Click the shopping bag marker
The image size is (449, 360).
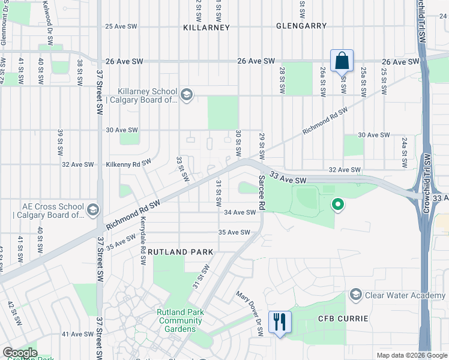[342, 61]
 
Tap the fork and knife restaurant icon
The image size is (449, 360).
[279, 322]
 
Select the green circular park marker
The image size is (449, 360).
[338, 206]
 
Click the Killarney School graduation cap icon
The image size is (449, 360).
[187, 94]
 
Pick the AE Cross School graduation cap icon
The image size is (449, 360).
[92, 210]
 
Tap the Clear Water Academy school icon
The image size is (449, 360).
[356, 295]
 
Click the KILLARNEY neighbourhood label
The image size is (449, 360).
[207, 28]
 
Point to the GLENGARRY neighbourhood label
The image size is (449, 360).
[302, 26]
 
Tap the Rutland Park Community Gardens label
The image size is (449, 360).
[180, 320]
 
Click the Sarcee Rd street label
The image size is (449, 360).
[262, 192]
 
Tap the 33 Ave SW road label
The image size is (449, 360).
[288, 178]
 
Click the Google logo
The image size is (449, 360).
[20, 353]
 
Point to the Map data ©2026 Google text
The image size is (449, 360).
[411, 355]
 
